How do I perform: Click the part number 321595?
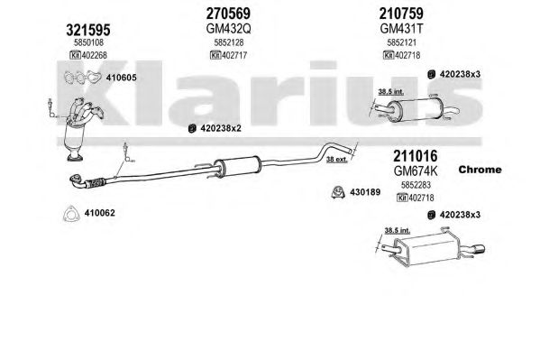(x=88, y=30)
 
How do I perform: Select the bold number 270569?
(x=228, y=14)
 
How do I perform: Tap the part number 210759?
(x=401, y=14)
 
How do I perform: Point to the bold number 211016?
(x=416, y=156)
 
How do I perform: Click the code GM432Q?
(x=228, y=29)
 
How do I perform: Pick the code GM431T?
(x=401, y=29)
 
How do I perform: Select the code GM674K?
(x=416, y=171)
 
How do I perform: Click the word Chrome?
(x=481, y=170)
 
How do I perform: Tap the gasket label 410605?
(x=121, y=78)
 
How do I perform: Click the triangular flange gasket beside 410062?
(x=70, y=214)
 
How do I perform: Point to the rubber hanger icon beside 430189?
(x=338, y=192)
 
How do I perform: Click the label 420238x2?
(x=221, y=128)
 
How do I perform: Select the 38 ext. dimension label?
(x=336, y=160)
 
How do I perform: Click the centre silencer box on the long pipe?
(x=238, y=165)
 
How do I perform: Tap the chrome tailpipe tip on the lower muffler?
(x=479, y=249)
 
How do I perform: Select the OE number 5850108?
(x=88, y=42)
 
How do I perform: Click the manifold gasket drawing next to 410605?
(x=82, y=78)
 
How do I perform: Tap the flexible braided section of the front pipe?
(x=96, y=183)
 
